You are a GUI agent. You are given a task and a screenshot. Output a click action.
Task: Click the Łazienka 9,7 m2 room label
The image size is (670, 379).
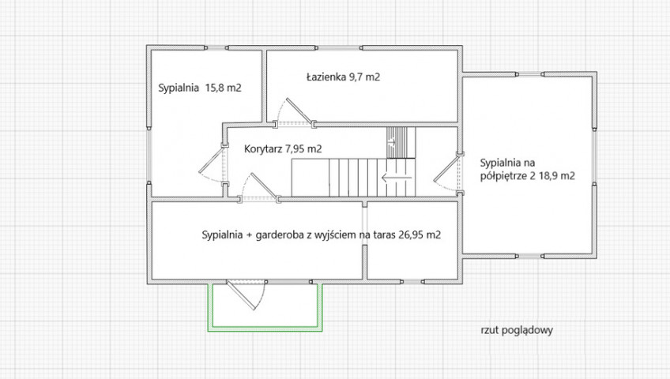point(343,77)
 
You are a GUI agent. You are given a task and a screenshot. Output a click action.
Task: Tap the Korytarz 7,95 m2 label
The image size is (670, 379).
point(283,149)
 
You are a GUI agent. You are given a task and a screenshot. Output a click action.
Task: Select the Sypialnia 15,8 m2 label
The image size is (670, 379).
point(200,88)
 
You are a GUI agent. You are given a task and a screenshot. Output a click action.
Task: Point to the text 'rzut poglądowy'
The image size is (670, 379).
point(517,330)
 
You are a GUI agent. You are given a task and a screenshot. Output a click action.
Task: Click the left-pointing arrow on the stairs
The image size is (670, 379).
point(397,178)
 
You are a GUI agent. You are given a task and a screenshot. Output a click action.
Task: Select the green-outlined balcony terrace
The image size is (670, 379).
point(265,306)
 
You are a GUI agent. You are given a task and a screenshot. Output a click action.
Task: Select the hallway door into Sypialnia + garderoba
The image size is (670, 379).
point(260,187)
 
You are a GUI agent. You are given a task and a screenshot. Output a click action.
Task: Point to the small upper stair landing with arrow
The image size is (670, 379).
point(401,143)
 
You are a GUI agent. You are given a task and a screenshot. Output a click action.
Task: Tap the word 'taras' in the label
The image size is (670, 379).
point(385,235)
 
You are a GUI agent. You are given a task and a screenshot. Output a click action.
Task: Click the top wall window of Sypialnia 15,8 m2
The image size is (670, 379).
point(217,48)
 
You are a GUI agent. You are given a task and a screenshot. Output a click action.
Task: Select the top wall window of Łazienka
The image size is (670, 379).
point(339,48)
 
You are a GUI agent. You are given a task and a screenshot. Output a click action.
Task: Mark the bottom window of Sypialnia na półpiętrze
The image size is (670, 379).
point(530,256)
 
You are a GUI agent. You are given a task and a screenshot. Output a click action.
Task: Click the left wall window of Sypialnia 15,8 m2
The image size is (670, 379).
point(149,155)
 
